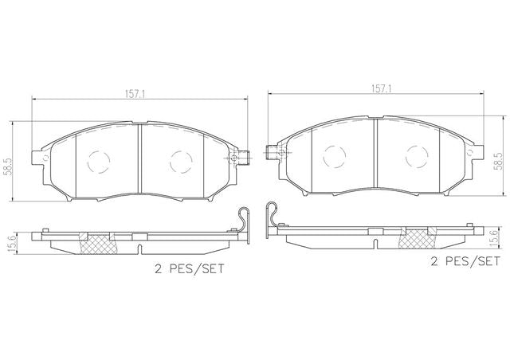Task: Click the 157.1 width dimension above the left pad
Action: pos(135,94)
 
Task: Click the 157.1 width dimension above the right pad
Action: pos(381,88)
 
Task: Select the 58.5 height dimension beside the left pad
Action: pos(7,166)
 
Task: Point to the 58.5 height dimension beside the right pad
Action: pos(497,162)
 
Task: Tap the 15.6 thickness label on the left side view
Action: pos(13,243)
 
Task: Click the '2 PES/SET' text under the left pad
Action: pos(190,269)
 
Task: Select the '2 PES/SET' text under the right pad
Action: pos(465,261)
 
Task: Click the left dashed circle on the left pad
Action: pos(99,162)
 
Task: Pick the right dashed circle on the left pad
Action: pos(181,162)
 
